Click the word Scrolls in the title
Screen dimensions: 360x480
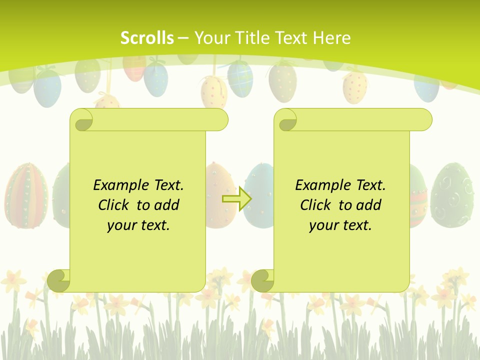coord(147,38)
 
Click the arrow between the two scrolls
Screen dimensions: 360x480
coord(237,198)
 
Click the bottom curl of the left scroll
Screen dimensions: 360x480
coord(59,280)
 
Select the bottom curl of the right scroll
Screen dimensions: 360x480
coord(262,280)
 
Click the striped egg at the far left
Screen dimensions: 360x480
coord(26,195)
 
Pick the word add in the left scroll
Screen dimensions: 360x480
coord(167,205)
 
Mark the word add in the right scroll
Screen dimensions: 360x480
coord(369,205)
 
